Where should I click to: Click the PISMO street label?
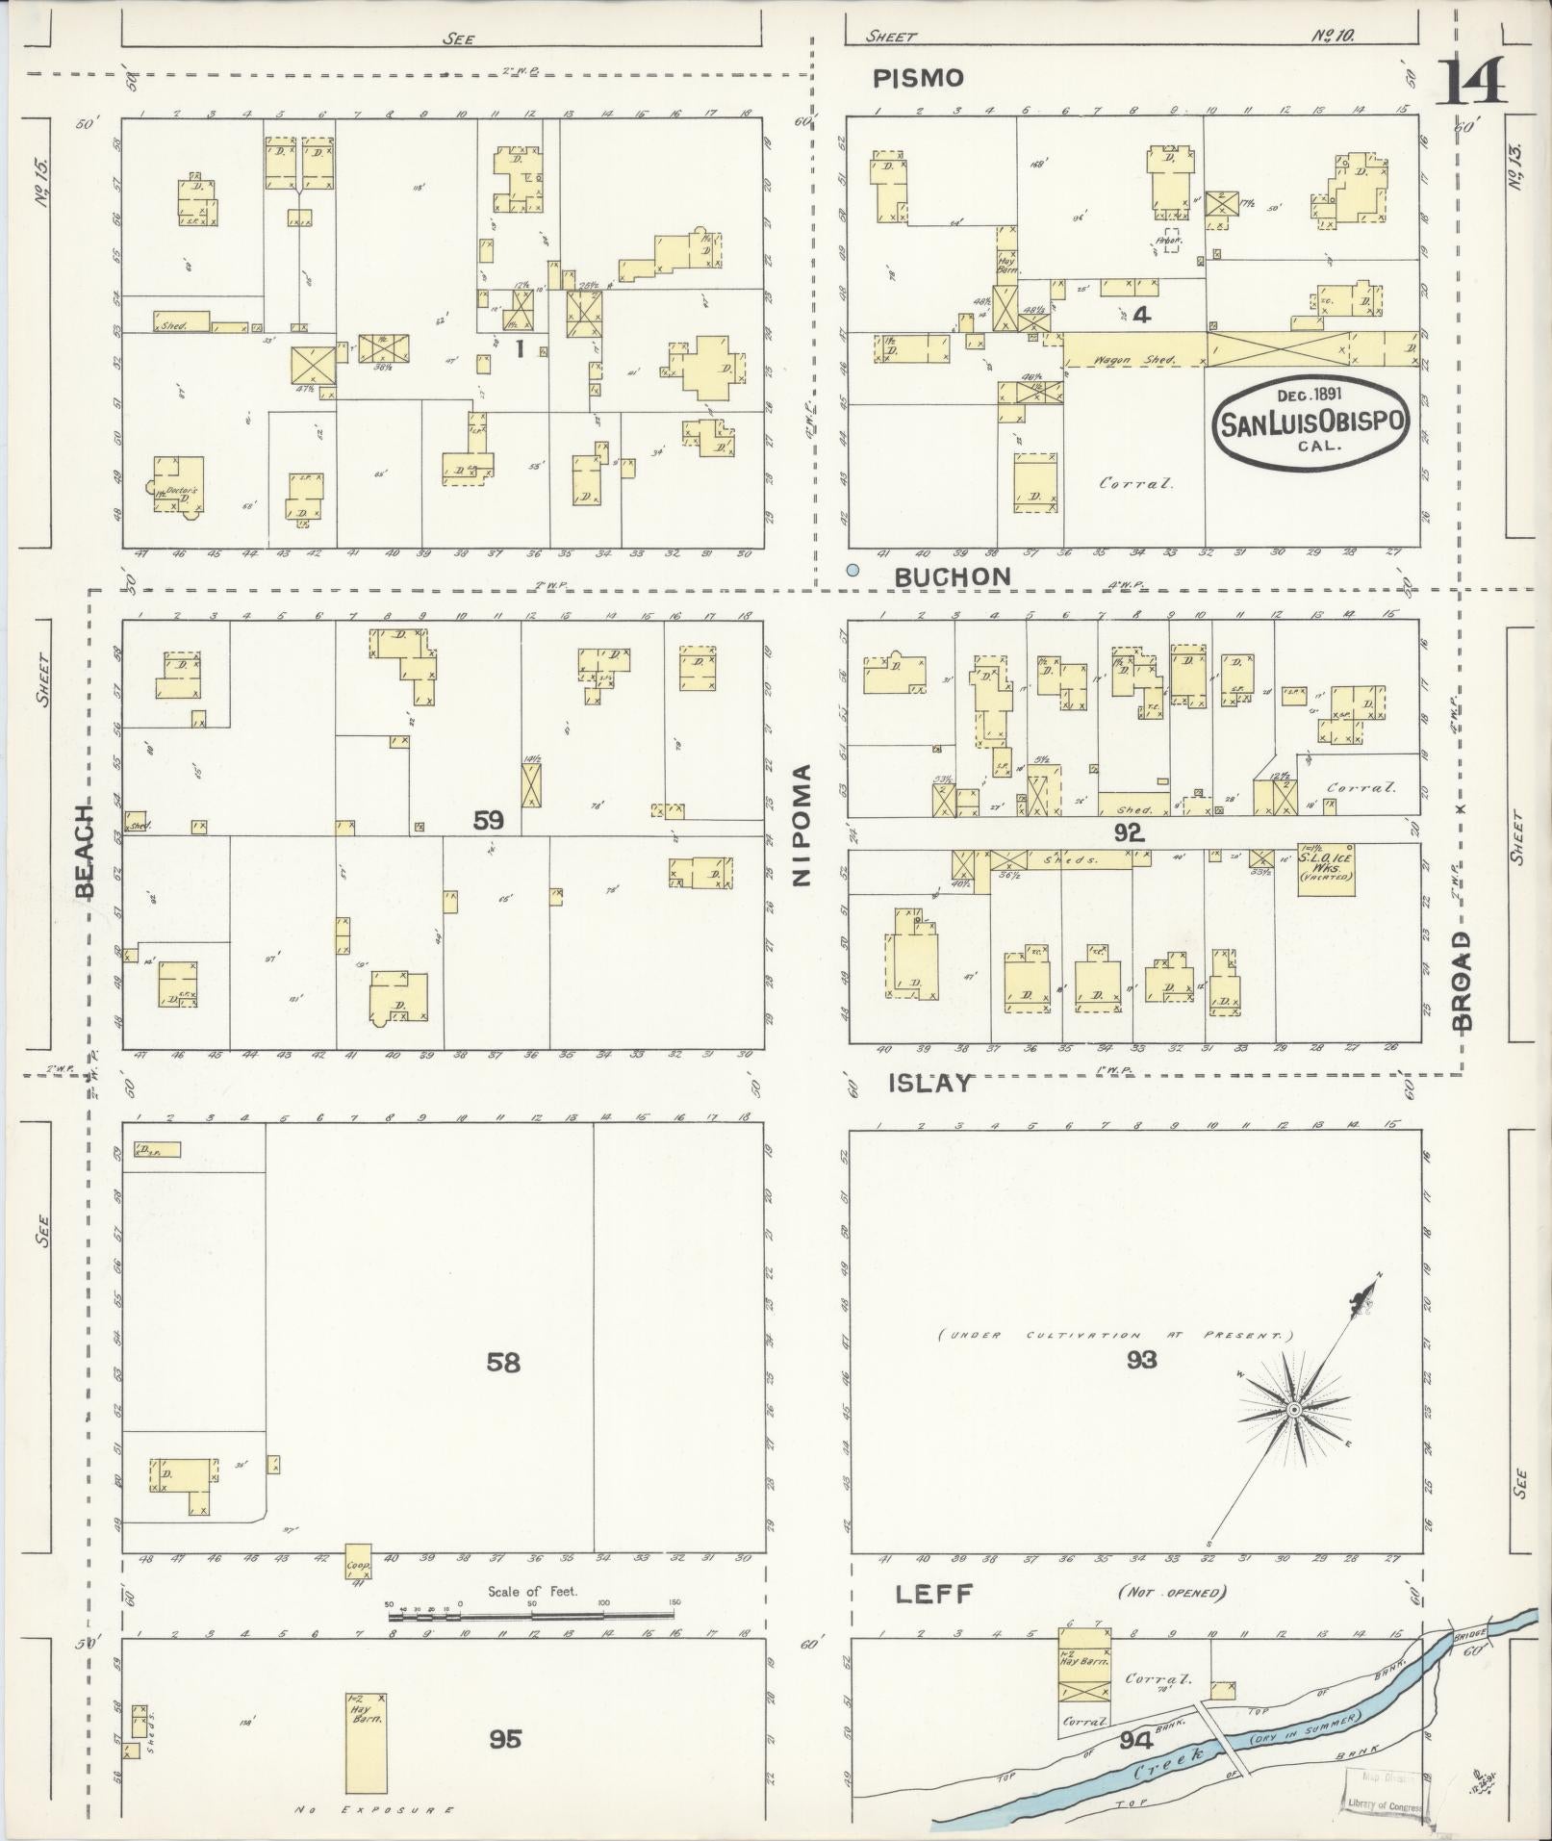918,79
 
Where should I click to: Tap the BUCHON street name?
953,576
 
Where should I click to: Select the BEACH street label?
86,849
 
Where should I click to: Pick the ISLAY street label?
929,1084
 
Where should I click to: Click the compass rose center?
1294,1410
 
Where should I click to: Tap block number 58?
503,1363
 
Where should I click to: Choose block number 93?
1142,1360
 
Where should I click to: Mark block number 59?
488,821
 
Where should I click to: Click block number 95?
504,1739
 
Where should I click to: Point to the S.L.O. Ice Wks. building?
1326,869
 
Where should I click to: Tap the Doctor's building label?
181,492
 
